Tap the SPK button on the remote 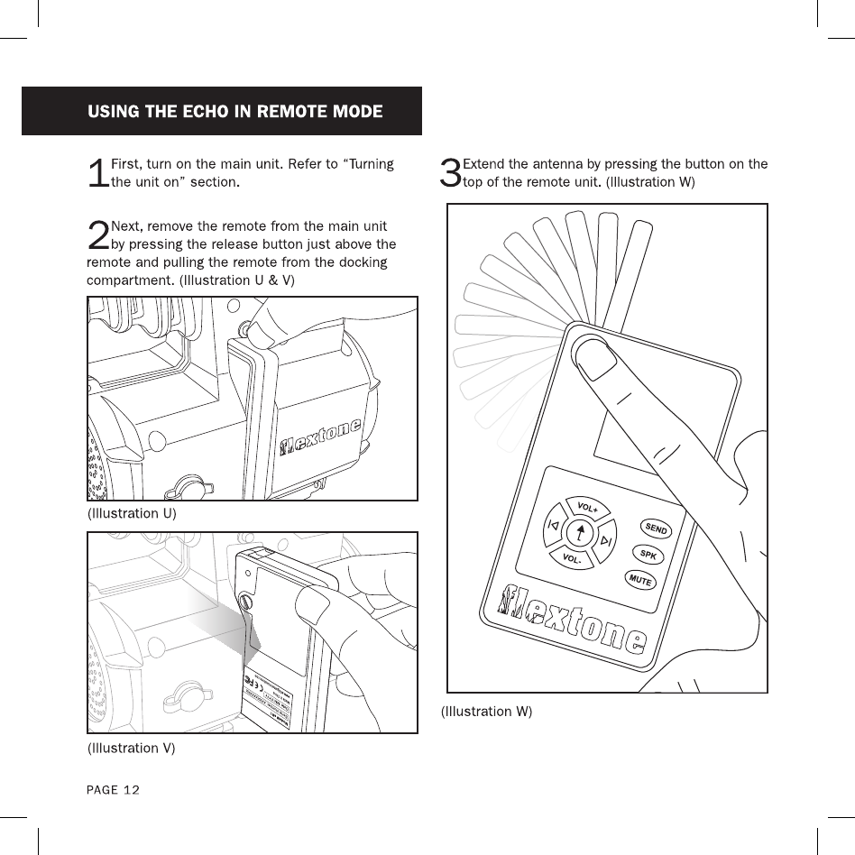click(648, 554)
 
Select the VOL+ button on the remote click(587, 508)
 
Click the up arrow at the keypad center click(579, 533)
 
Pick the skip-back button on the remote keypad click(553, 526)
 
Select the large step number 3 click(449, 173)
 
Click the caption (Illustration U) click(131, 513)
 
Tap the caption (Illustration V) click(131, 748)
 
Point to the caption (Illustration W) click(486, 712)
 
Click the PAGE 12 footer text click(113, 790)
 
